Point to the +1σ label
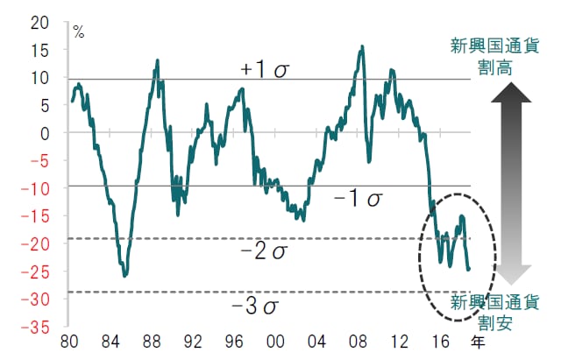[265, 68]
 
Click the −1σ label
[358, 199]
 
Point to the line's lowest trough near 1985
[124, 276]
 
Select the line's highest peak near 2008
[362, 47]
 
